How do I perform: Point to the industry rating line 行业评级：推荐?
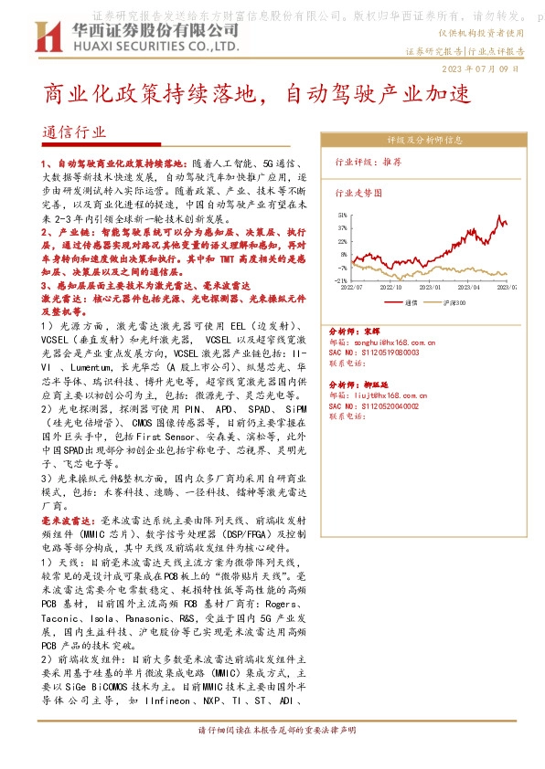point(368,161)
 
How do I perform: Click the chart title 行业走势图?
point(358,194)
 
